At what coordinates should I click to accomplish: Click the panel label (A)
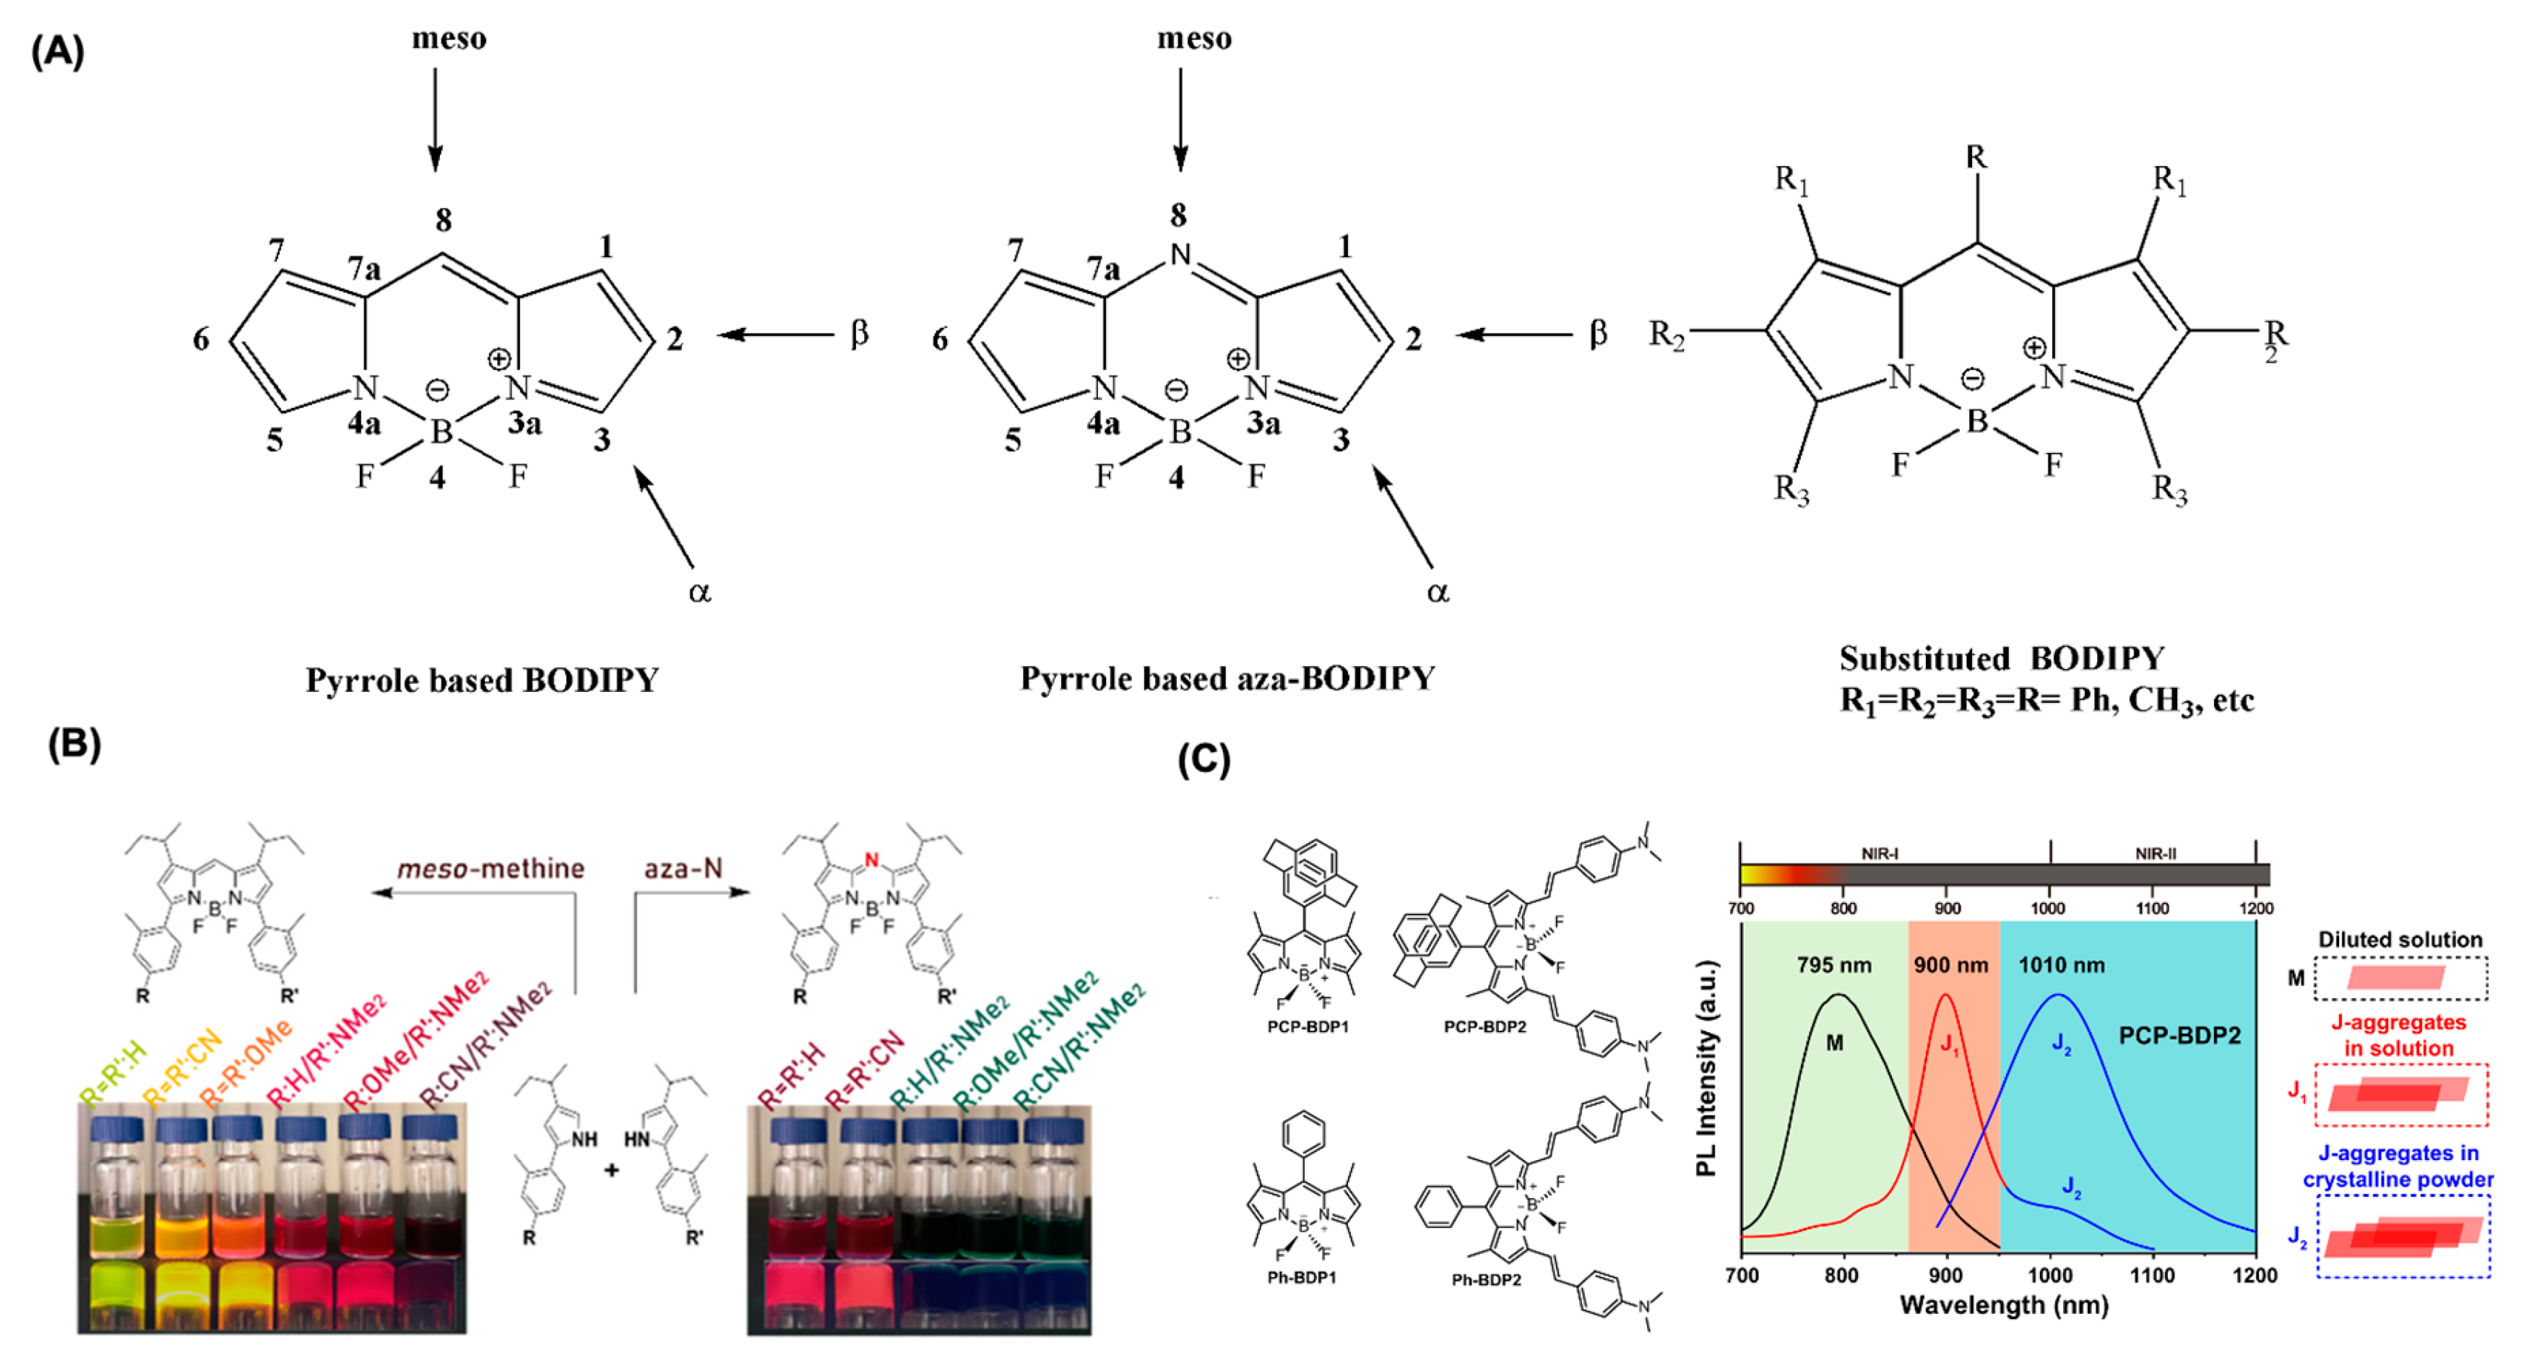coord(57,51)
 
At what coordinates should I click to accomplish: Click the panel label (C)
coord(1203,759)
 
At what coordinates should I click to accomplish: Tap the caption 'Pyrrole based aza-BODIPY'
coord(1227,678)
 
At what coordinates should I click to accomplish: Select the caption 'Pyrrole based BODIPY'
coord(482,680)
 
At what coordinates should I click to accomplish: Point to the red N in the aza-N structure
coord(871,861)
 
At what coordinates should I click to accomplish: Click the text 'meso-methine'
coord(490,869)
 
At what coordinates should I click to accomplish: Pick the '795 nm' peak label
coord(1833,965)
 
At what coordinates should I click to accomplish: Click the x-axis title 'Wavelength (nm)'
coord(2004,1305)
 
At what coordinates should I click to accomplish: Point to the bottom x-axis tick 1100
coord(2153,1275)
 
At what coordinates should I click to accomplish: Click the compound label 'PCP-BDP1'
coord(1307,1027)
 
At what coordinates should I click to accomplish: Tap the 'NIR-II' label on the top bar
coord(2156,854)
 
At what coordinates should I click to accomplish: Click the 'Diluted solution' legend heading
coord(2400,939)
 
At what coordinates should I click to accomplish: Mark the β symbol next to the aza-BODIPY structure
coord(1598,334)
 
